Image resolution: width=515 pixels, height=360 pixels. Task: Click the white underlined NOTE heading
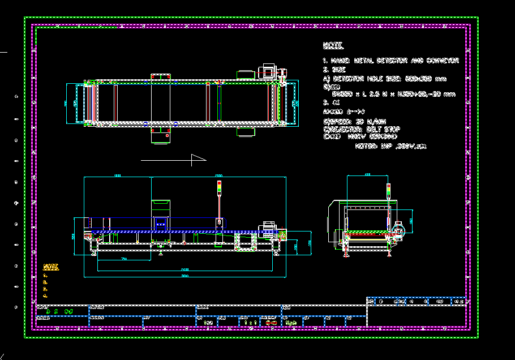333,45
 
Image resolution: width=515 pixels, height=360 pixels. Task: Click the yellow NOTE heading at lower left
51,266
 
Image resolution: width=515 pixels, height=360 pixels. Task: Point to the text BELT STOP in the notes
383,129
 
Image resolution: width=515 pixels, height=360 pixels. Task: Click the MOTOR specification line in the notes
390,146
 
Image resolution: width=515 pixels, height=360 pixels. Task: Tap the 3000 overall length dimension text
185,276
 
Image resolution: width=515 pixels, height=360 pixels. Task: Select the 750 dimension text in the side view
123,259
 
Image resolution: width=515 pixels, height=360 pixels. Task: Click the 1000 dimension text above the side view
118,175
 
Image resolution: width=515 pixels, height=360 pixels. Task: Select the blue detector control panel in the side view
161,222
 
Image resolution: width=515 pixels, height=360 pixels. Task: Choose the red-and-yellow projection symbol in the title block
271,322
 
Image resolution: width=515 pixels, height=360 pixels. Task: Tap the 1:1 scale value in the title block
250,322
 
